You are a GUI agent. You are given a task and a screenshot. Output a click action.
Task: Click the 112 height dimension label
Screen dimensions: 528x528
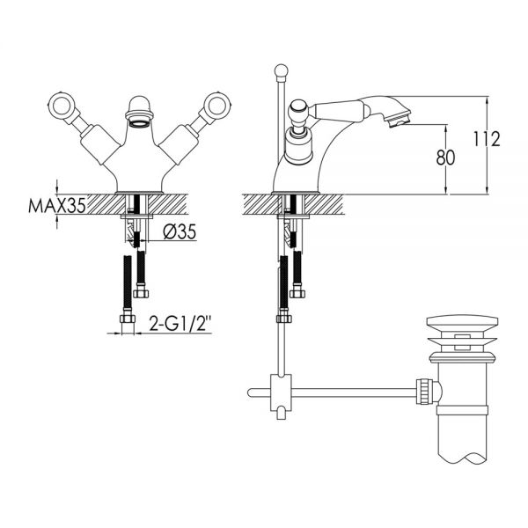487,138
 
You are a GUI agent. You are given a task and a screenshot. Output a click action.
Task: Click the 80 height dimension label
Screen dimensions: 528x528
445,158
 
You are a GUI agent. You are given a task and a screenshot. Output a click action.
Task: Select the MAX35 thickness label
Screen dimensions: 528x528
57,205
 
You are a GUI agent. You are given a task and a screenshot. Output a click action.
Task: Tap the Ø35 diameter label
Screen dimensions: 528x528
180,231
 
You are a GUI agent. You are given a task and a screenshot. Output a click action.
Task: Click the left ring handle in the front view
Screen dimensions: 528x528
62,106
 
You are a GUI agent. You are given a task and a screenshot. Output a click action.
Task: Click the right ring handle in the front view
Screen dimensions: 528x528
218,106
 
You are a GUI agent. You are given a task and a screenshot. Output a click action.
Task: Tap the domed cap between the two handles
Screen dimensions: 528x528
140,105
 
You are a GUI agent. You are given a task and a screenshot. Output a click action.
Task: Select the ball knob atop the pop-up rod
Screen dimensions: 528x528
282,70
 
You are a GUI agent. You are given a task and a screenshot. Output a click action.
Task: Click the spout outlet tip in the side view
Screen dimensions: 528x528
399,121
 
